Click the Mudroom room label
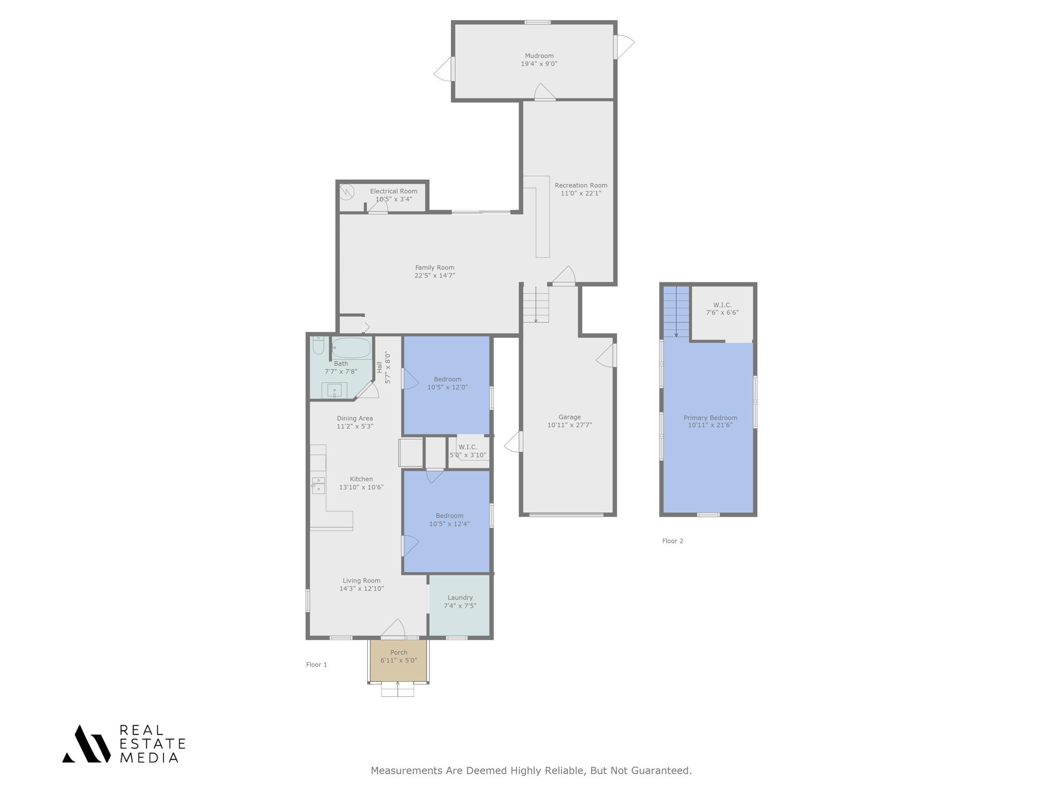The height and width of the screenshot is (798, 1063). [x=539, y=56]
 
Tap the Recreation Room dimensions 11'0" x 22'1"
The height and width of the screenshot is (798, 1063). [x=581, y=193]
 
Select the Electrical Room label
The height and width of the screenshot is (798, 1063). [x=393, y=191]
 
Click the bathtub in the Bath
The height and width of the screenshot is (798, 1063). [x=351, y=348]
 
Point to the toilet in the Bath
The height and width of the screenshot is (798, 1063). [x=318, y=345]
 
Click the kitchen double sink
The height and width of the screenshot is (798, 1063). [x=318, y=485]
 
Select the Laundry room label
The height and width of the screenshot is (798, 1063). [x=460, y=598]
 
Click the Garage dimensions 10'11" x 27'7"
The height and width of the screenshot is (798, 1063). [x=570, y=425]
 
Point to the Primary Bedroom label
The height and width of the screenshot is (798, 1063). [x=710, y=418]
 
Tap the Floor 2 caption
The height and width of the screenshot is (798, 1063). [x=672, y=541]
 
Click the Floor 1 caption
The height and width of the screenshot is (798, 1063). [x=316, y=664]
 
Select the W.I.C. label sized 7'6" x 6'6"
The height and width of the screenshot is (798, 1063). [x=722, y=305]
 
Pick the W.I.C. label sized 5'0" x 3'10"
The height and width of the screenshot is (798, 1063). [x=468, y=447]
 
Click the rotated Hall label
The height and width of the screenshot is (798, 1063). [x=379, y=367]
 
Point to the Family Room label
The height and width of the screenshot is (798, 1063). [x=435, y=267]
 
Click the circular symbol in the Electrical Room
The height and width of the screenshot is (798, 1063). [x=346, y=192]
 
